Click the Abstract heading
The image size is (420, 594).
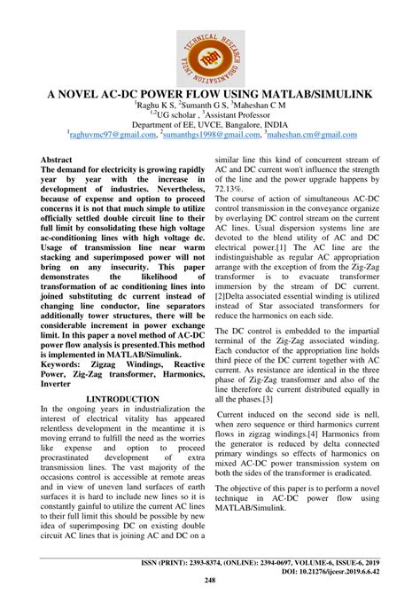point(57,156)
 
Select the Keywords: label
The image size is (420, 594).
point(68,364)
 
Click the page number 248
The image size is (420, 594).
point(210,581)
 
